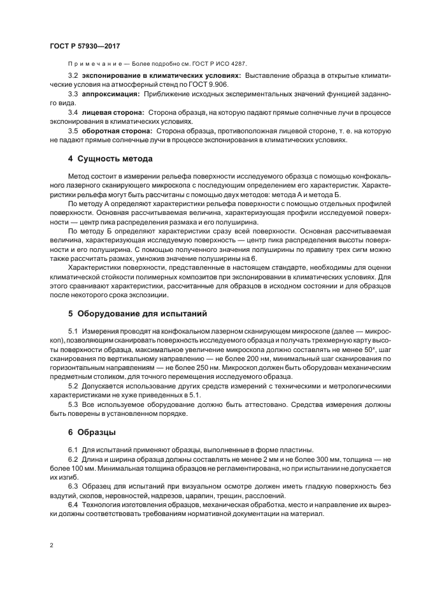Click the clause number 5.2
click(x=73, y=387)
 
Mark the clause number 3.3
click(x=73, y=93)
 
